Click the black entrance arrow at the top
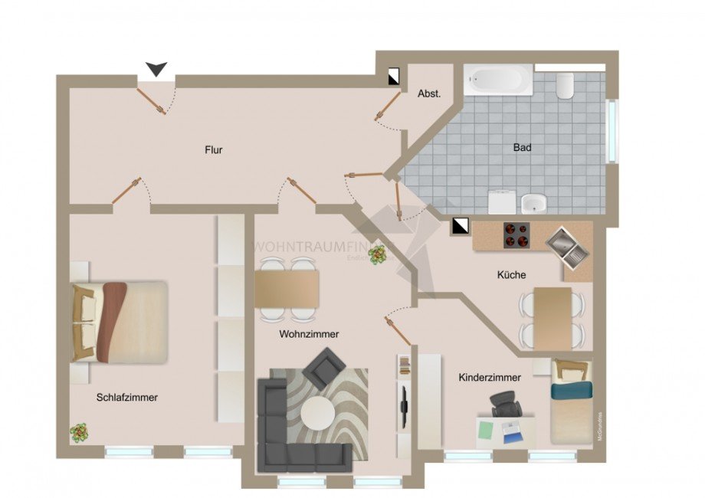[156, 70]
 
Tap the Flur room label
[213, 150]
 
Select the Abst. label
[428, 94]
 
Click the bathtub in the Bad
[498, 80]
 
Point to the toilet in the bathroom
[565, 86]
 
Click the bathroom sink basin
[533, 204]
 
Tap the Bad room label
[523, 147]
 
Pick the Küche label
[511, 274]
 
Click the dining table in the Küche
[553, 317]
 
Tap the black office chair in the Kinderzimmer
[505, 404]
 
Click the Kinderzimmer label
[490, 378]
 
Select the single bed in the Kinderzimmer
[571, 401]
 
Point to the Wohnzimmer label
[309, 334]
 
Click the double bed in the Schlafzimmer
[120, 322]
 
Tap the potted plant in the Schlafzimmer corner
[79, 432]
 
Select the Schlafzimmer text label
[127, 397]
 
